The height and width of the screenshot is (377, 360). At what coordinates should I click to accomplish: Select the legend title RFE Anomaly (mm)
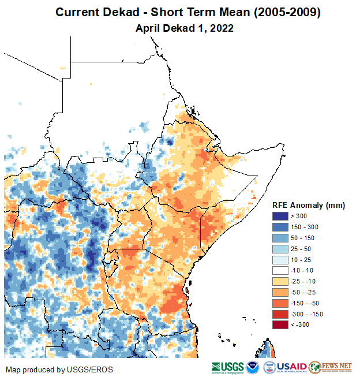tap(308, 205)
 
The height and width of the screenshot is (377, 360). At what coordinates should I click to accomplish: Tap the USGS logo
tap(228, 367)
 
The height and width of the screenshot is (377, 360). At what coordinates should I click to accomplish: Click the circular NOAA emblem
tap(253, 367)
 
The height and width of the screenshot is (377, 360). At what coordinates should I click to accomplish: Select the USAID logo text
tap(292, 367)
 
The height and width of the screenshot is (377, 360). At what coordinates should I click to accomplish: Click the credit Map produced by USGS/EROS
tap(59, 369)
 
